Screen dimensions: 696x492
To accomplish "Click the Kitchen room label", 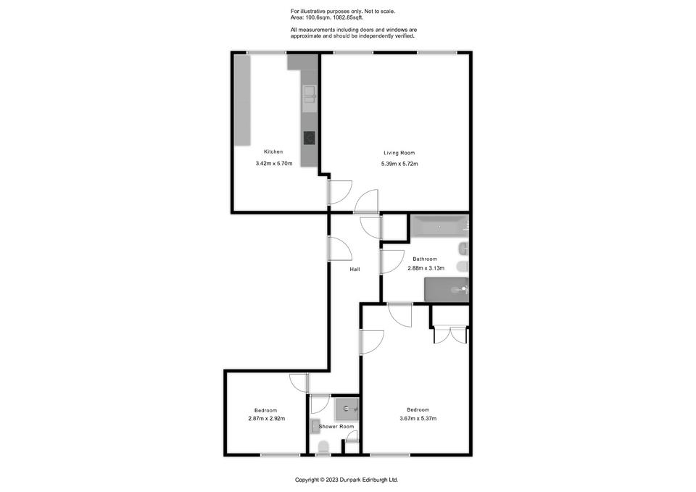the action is (x=273, y=151).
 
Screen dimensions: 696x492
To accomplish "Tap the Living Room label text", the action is (x=399, y=153).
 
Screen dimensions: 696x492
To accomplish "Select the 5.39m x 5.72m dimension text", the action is (x=399, y=164).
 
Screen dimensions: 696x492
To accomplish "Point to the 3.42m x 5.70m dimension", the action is (x=274, y=163).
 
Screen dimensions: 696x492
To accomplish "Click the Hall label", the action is (x=355, y=270).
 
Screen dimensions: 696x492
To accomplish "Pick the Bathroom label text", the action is (x=425, y=259).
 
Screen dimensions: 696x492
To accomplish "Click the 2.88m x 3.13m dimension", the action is (x=426, y=268).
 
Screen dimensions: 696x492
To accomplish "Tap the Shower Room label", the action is (x=336, y=427).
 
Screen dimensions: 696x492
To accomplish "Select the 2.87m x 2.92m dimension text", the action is (x=266, y=418).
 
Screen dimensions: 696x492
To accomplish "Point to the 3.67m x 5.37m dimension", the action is (x=418, y=418).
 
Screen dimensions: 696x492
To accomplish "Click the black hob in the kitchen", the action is (x=310, y=138).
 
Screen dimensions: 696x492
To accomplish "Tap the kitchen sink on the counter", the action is (x=310, y=99).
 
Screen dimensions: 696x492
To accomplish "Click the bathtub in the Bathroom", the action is (x=439, y=226).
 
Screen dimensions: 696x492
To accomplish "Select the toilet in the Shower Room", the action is (x=323, y=448).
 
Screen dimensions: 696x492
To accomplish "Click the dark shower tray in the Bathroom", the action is (x=446, y=290).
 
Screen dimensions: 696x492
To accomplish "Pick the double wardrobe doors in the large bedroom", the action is (x=450, y=335).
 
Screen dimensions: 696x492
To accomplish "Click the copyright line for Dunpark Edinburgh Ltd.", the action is (x=347, y=480).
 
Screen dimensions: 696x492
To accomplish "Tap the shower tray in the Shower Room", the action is (x=347, y=409).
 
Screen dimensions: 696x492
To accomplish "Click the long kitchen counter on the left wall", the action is (x=242, y=100).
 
